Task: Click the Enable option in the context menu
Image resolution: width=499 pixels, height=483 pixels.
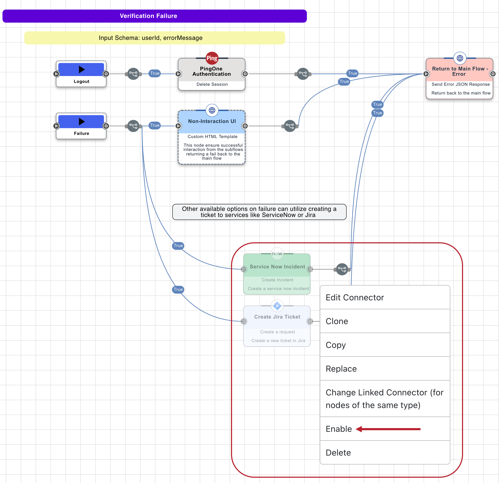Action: click(x=339, y=429)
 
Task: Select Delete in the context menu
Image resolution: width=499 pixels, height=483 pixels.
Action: click(x=338, y=453)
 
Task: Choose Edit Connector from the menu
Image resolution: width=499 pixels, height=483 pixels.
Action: click(x=354, y=297)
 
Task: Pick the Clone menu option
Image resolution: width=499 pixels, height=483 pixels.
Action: click(x=337, y=321)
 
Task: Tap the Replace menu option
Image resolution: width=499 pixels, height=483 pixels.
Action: click(x=341, y=369)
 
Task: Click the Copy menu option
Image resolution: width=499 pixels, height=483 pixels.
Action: click(x=335, y=345)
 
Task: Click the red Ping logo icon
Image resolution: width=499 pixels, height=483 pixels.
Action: click(x=212, y=58)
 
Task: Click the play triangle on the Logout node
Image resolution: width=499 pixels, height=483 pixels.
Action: click(x=81, y=69)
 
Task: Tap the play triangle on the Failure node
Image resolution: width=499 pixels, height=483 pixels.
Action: click(x=81, y=121)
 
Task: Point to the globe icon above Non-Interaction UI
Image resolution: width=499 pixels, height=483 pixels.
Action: click(x=212, y=110)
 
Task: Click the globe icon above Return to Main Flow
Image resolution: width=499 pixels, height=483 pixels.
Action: click(x=460, y=58)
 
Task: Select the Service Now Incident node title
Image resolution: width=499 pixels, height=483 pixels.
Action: click(x=277, y=267)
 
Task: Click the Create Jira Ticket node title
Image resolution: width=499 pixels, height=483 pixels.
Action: click(x=277, y=317)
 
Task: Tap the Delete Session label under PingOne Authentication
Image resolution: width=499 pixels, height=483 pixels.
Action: click(x=212, y=84)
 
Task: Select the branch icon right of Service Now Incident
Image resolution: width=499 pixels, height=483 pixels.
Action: click(x=342, y=269)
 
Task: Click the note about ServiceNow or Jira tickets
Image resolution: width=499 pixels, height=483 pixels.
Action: click(x=259, y=212)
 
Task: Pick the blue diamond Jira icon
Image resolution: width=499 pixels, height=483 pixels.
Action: click(x=277, y=306)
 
